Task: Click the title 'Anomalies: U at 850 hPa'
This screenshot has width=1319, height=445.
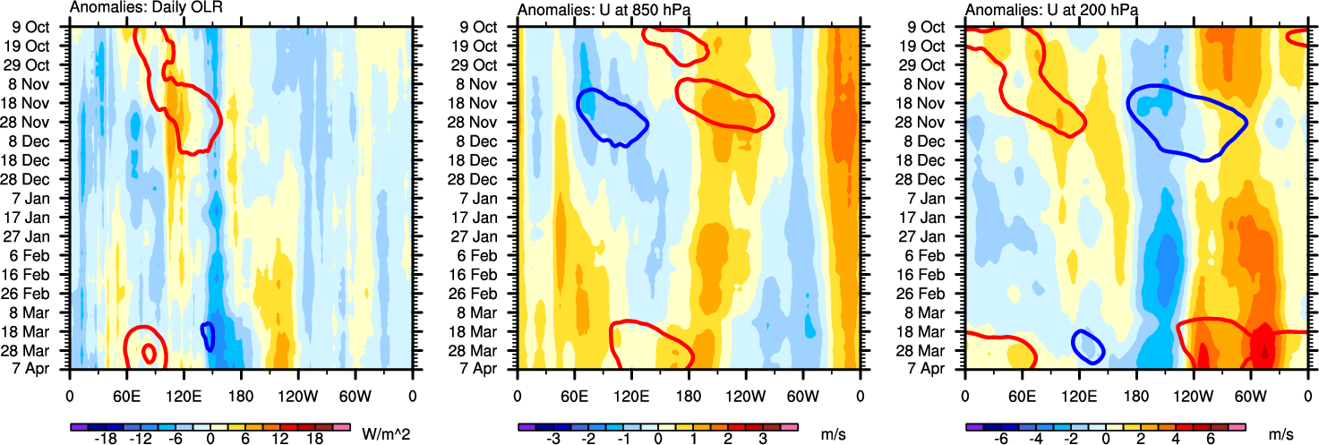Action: coord(595,9)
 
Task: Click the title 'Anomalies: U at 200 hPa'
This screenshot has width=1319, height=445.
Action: coord(1042,9)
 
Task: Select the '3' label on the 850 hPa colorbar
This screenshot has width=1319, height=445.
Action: coord(763,440)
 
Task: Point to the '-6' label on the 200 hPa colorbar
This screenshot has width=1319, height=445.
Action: coord(1003,440)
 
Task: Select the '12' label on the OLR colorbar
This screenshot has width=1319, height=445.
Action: coord(288,440)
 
